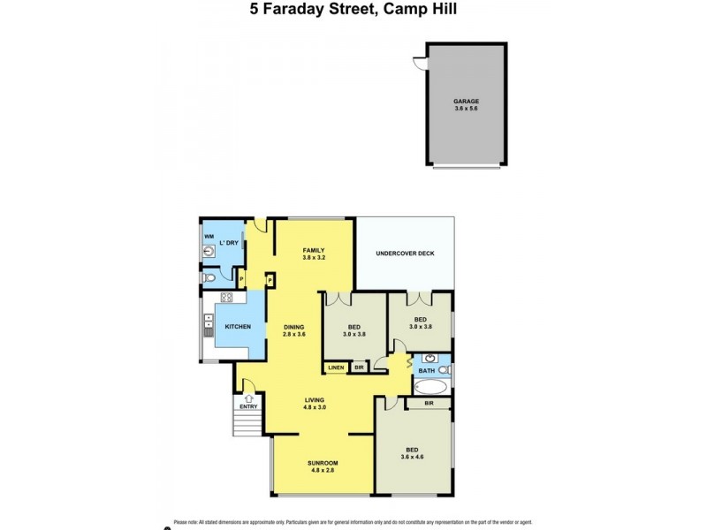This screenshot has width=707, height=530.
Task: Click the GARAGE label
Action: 466,102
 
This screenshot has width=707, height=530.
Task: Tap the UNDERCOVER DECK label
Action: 405,254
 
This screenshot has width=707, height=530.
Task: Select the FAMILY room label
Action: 315,251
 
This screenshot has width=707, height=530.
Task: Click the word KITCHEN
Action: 238,327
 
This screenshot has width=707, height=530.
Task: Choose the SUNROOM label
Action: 323,463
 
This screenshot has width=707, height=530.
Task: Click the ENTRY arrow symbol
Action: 249,398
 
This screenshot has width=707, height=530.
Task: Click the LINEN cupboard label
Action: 336,367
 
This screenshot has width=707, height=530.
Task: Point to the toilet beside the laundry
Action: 209,278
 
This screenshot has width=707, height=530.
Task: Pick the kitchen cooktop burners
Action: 226,298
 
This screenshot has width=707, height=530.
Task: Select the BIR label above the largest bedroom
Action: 429,404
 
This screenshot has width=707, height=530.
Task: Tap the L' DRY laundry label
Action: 228,243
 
